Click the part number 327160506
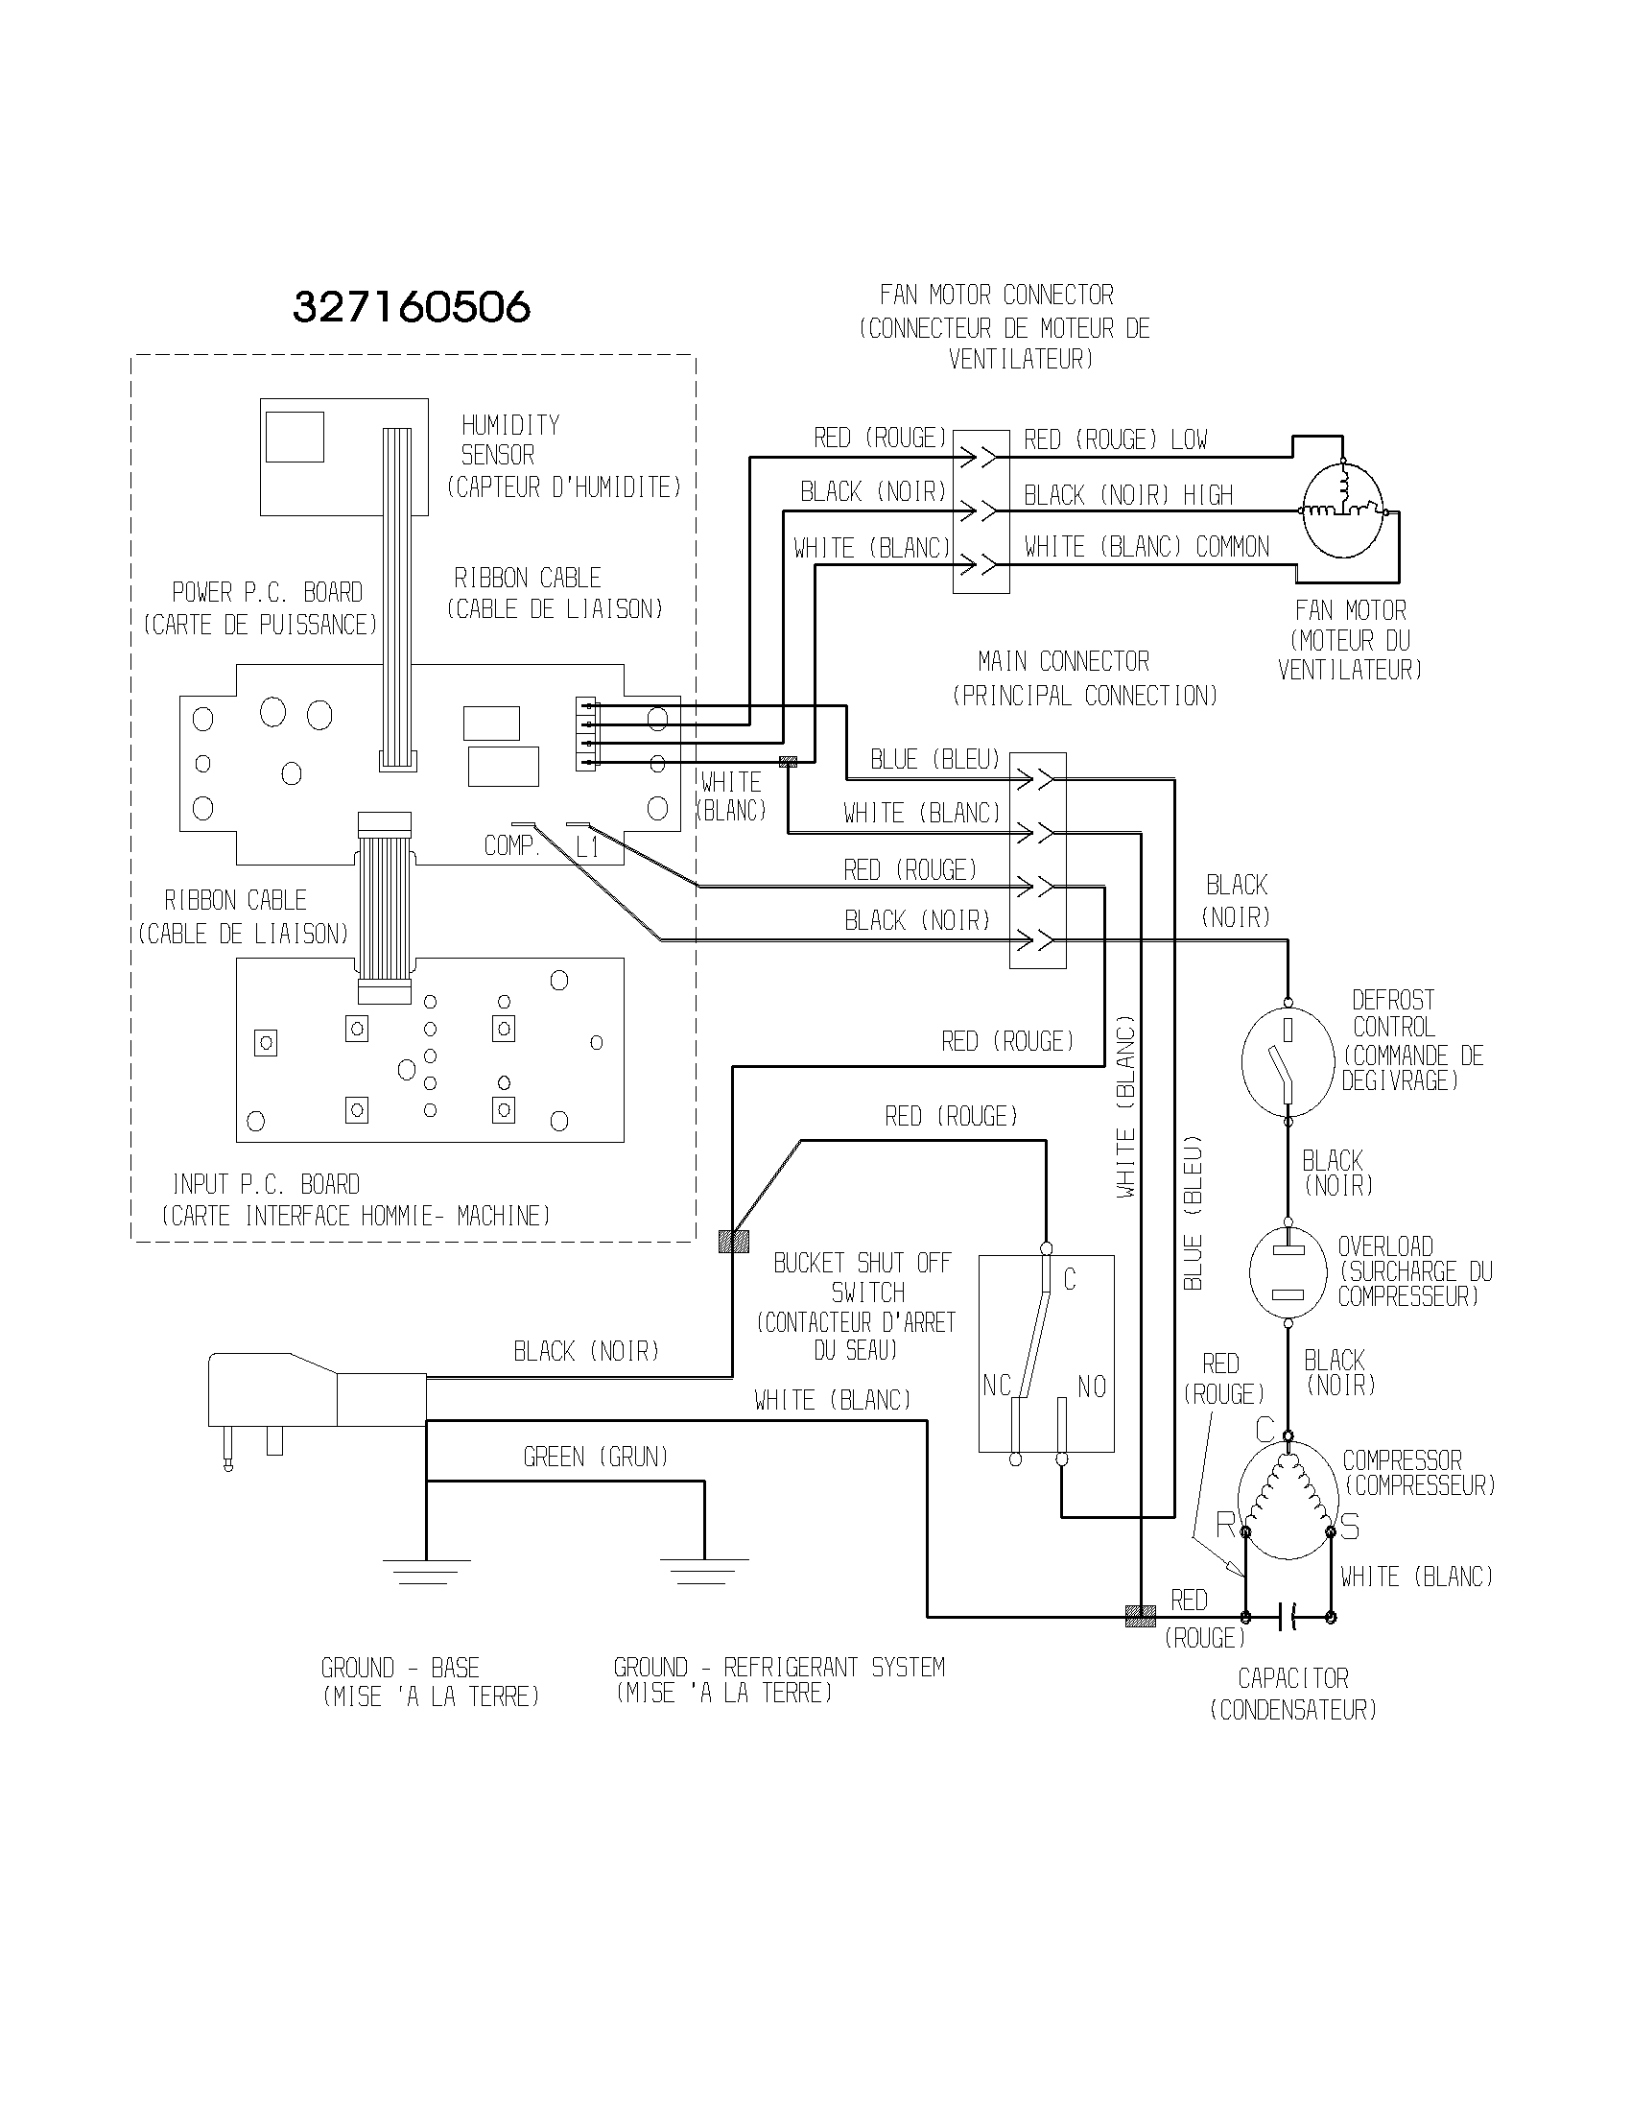click(412, 308)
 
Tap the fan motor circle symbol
click(1342, 510)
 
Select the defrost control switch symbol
click(1287, 1062)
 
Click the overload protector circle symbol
click(1287, 1272)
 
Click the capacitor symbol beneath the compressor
click(1288, 1616)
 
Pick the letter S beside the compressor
click(1350, 1528)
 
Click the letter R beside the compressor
click(1225, 1526)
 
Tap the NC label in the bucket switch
click(996, 1387)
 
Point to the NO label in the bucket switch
click(1092, 1388)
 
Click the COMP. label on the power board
click(510, 845)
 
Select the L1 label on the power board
click(587, 848)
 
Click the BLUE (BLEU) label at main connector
click(934, 760)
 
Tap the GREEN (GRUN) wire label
click(595, 1457)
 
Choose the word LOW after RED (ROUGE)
click(1189, 439)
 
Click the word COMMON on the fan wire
click(1232, 547)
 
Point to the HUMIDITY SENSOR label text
click(509, 439)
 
